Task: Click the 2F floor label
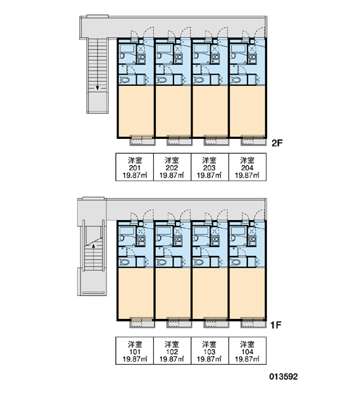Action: click(x=277, y=143)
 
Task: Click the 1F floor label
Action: click(x=276, y=325)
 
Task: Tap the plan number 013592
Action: click(x=283, y=377)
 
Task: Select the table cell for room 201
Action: click(x=135, y=167)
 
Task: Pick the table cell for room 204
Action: click(x=247, y=167)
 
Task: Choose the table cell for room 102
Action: click(x=172, y=350)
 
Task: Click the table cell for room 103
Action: click(x=210, y=350)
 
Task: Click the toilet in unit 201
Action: click(x=124, y=80)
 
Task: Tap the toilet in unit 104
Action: click(x=236, y=263)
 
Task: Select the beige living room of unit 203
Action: click(x=210, y=111)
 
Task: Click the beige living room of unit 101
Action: click(x=135, y=293)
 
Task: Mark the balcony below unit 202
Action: click(x=179, y=141)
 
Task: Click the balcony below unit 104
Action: click(x=253, y=323)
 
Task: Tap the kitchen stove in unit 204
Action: click(x=252, y=59)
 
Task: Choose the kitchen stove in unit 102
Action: click(x=178, y=240)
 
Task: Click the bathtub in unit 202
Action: click(x=164, y=48)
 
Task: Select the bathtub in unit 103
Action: click(x=201, y=231)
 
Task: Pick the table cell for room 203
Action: click(x=210, y=167)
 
